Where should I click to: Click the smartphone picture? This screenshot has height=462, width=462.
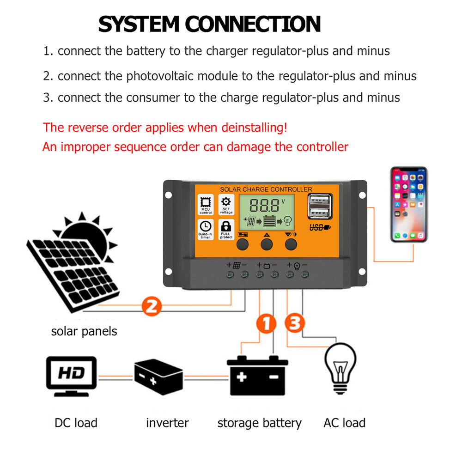[409, 204]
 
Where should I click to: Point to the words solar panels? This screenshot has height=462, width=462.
[84, 331]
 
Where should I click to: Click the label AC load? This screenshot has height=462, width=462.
[344, 423]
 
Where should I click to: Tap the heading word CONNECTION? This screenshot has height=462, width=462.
[253, 24]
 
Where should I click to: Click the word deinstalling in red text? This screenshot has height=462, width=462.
[247, 127]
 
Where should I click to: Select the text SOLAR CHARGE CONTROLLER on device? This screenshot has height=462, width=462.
[266, 189]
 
